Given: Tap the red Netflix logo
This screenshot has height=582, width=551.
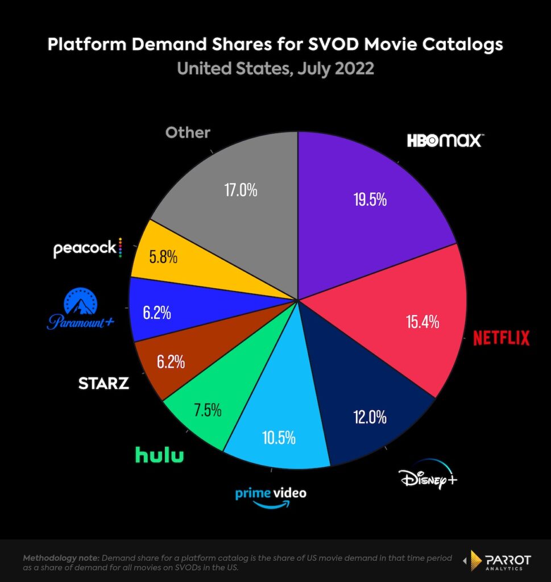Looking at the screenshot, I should [501, 338].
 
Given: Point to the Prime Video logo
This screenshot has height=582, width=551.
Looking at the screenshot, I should [271, 497].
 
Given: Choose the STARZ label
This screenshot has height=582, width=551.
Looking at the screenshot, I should [103, 383].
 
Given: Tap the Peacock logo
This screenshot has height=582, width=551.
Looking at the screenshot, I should [87, 248].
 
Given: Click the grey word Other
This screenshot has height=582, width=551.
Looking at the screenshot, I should [188, 132].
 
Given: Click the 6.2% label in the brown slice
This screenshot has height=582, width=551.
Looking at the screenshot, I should [161, 361].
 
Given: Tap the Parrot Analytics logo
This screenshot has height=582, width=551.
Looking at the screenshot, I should [498, 560].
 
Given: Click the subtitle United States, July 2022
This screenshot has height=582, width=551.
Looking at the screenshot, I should [275, 69].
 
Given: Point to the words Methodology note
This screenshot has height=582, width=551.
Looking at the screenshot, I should [61, 558].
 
